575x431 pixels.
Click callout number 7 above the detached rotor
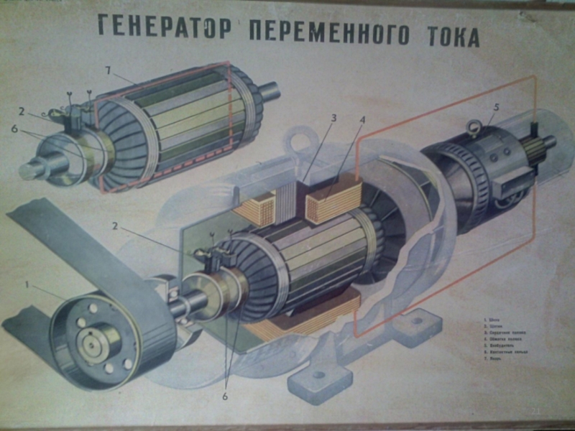(x=109, y=70)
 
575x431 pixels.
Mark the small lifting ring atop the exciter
(x=472, y=129)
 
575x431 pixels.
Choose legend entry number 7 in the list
(x=492, y=358)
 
